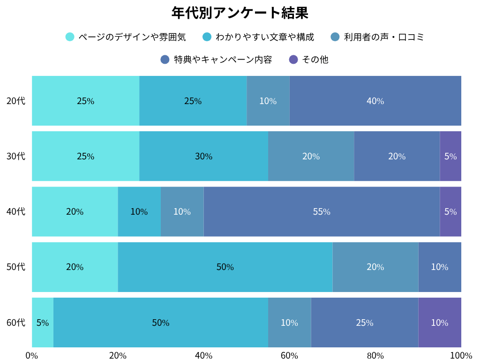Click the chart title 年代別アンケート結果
point(240,13)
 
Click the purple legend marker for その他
point(293,60)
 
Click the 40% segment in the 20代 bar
point(375,101)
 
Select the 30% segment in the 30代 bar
point(203,156)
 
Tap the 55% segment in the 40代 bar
point(322,211)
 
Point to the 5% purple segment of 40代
point(450,211)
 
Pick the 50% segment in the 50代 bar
point(225,267)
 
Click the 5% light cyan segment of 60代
point(43,322)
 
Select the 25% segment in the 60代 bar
point(364,322)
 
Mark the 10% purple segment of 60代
point(440,322)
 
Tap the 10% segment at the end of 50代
point(440,267)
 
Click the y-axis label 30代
point(16,156)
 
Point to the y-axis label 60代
point(16,322)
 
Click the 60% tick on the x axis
point(289,355)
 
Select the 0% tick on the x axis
point(32,355)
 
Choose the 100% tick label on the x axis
point(461,355)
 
